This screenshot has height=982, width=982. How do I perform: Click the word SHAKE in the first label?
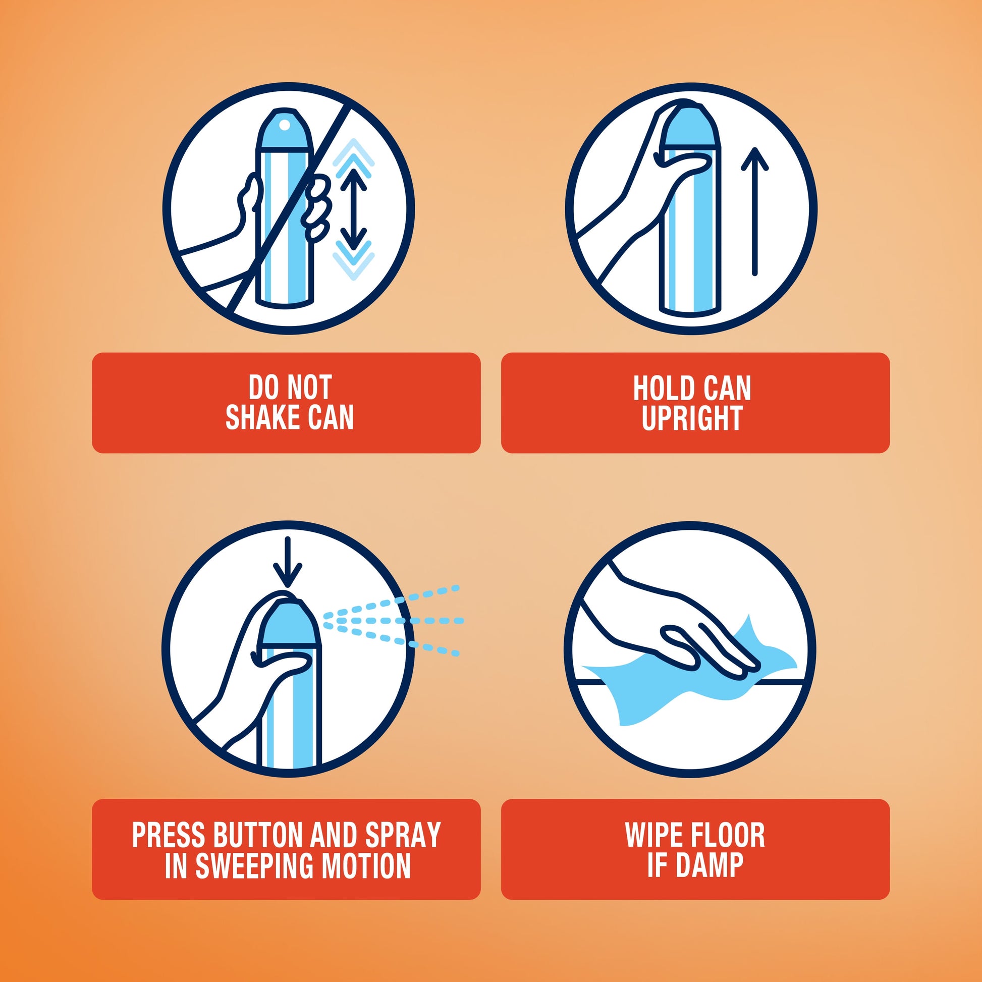pos(263,418)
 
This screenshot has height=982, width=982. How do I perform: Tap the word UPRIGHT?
pos(692,418)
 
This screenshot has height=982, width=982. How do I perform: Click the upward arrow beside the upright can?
pos(755,211)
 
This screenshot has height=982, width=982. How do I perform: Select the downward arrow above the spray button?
pos(288,562)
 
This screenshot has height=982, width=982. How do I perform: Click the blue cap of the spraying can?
pos(288,623)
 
